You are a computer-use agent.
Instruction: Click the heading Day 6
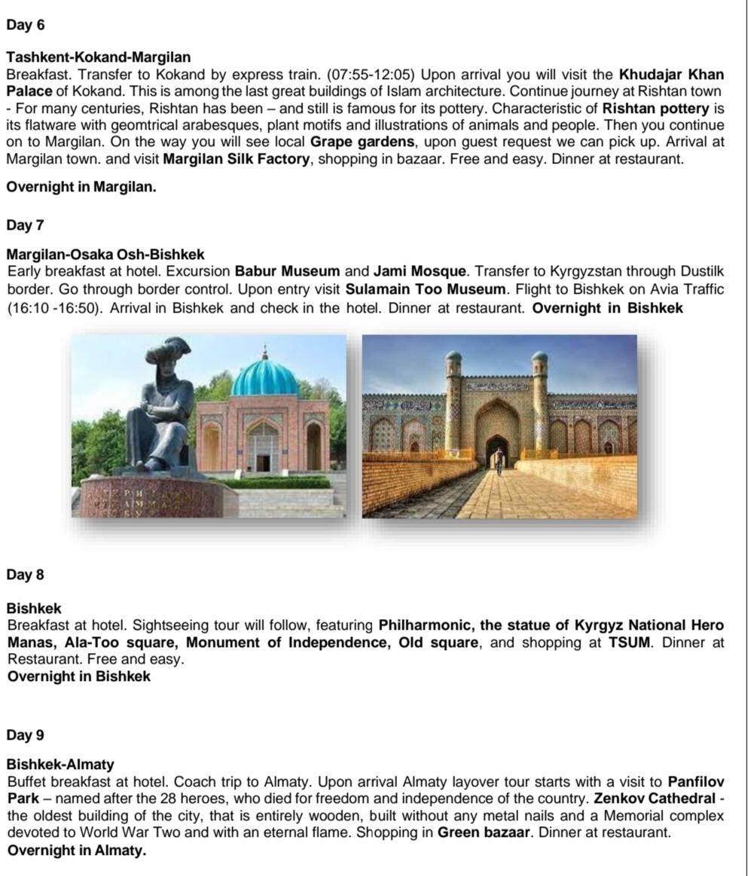(26, 25)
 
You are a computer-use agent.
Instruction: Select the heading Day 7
(26, 225)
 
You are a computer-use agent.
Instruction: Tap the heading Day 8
(26, 575)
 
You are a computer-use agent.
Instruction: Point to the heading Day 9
(26, 734)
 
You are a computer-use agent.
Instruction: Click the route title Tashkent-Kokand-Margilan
(99, 57)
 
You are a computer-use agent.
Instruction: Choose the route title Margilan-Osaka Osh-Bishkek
(105, 255)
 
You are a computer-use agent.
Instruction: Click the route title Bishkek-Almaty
(60, 765)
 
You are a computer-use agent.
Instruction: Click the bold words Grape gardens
(357, 142)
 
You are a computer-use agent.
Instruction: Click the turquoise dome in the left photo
(264, 377)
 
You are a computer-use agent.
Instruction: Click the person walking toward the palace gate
(499, 459)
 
